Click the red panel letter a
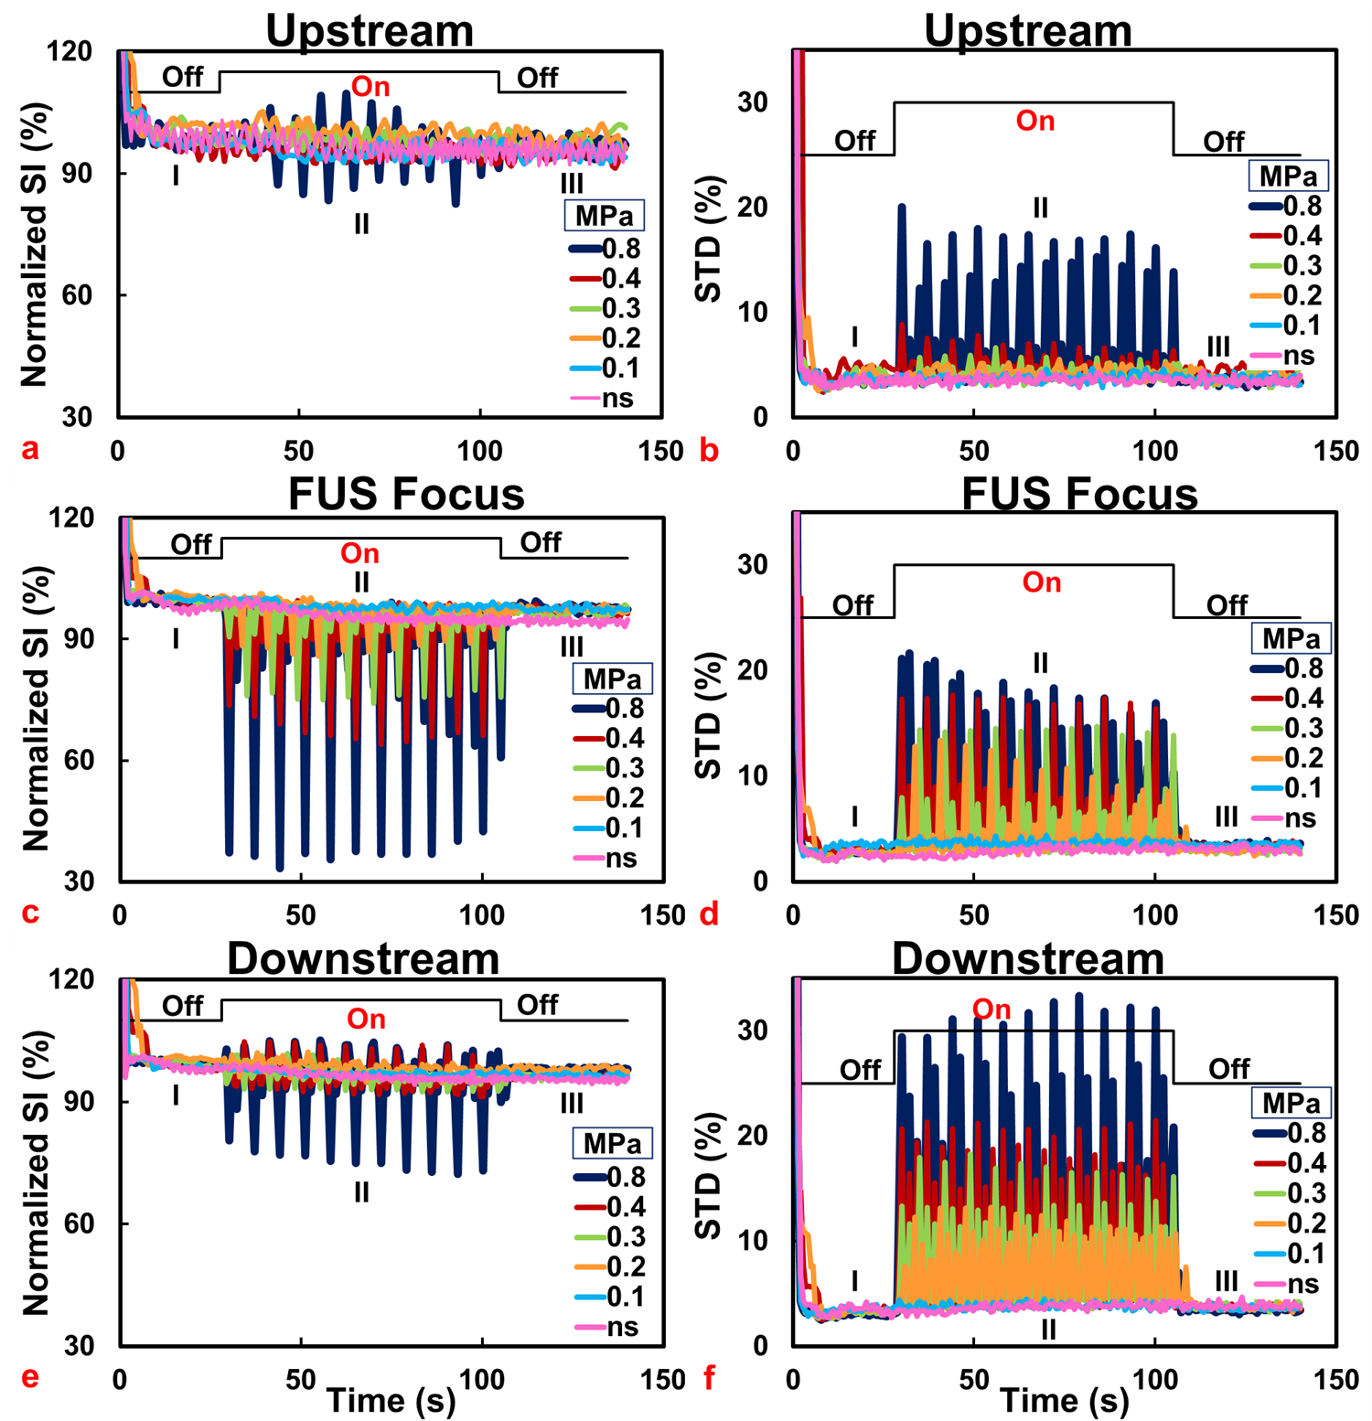coord(31,449)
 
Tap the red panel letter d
coord(709,913)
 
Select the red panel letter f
coord(709,1378)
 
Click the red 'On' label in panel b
coord(1035,121)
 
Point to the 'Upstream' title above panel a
coord(370,30)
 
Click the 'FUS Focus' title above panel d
coord(1079,495)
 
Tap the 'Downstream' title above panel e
coord(363,959)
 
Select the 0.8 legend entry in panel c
coord(608,709)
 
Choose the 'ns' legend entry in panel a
coord(603,398)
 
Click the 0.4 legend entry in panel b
coord(1285,236)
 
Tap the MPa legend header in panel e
coord(612,1143)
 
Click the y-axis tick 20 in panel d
coord(752,669)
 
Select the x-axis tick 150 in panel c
coord(662,915)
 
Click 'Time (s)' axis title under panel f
coord(1065,1399)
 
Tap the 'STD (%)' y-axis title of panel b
coord(709,239)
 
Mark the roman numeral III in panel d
coord(1226,817)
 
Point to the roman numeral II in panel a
coord(361,224)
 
